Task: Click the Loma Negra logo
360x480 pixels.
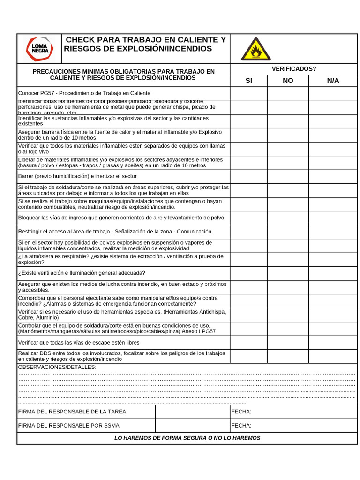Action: pos(39,49)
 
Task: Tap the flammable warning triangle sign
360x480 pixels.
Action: pos(255,49)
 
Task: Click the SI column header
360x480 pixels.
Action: pos(249,81)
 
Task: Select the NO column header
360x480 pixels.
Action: pos(288,81)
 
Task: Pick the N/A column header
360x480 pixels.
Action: pos(333,81)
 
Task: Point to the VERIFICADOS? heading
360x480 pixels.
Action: pos(294,69)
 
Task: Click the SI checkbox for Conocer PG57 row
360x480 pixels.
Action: pos(249,93)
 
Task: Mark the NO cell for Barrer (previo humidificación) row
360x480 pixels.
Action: pos(288,176)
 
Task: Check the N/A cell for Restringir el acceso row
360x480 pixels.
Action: pos(333,232)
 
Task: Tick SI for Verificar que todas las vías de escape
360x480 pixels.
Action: pos(249,343)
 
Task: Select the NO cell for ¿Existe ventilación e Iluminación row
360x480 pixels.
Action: pos(288,273)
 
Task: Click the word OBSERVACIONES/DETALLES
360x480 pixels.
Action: pos(57,367)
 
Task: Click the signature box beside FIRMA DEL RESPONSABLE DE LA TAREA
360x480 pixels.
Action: pos(193,412)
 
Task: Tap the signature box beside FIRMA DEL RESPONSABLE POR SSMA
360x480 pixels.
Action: pos(193,426)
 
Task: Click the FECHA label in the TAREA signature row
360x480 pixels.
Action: pos(241,412)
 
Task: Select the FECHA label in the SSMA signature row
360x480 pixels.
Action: pos(241,426)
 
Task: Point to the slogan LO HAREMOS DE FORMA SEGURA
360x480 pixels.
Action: pos(187,438)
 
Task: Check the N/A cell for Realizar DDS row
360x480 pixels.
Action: pos(333,356)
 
